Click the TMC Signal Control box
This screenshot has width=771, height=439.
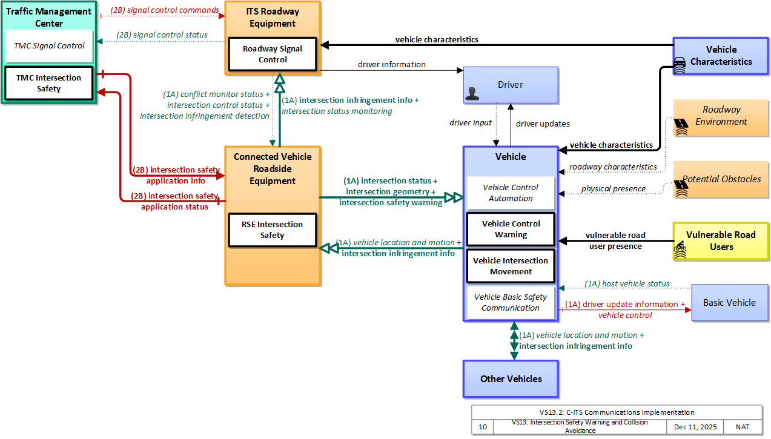point(49,46)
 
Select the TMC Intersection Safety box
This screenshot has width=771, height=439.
point(49,84)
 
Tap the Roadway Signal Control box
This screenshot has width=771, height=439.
point(273,54)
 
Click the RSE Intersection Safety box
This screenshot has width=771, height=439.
point(273,230)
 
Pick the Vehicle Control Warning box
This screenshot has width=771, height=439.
point(511,229)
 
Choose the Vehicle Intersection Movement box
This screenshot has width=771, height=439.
point(511,266)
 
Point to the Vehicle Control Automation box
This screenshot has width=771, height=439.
point(511,193)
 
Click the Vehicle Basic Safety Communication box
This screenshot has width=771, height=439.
point(511,302)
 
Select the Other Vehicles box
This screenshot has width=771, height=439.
point(511,379)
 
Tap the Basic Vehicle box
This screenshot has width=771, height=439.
point(730,303)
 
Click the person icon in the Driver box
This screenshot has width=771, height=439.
point(472,93)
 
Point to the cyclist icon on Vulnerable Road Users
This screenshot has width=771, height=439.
point(680,249)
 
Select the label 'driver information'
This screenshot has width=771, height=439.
point(392,64)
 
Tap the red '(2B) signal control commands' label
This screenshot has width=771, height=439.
point(165,10)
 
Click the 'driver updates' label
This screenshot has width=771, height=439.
point(543,124)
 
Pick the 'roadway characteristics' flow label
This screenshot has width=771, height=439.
point(613,167)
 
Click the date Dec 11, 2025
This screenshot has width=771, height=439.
point(695,427)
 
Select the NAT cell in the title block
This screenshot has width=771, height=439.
point(743,427)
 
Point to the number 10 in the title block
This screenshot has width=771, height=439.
point(483,427)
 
